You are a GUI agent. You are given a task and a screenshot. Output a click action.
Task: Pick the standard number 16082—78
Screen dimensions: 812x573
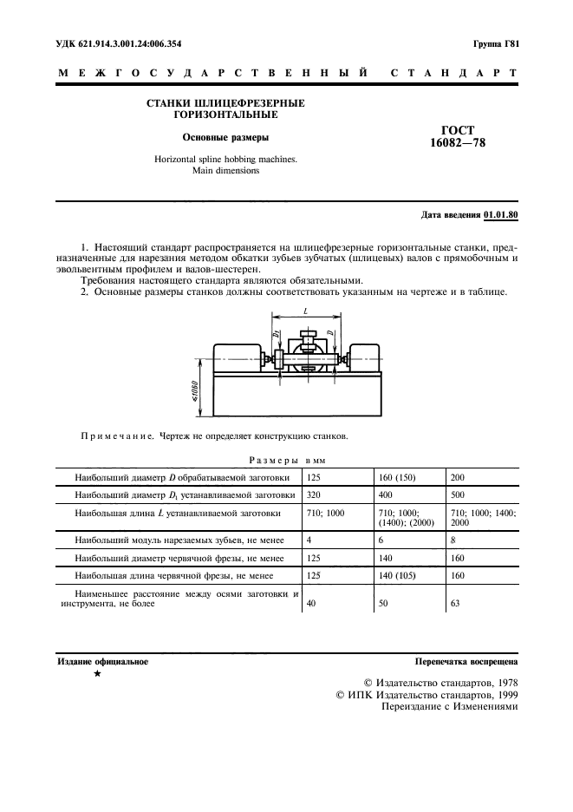pos(458,144)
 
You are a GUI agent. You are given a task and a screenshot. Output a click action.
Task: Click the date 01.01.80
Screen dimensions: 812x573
pos(500,213)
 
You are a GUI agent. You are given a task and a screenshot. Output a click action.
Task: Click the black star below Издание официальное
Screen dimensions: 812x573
pos(96,673)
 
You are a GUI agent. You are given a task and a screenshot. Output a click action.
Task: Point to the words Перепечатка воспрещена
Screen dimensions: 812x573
pos(466,661)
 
